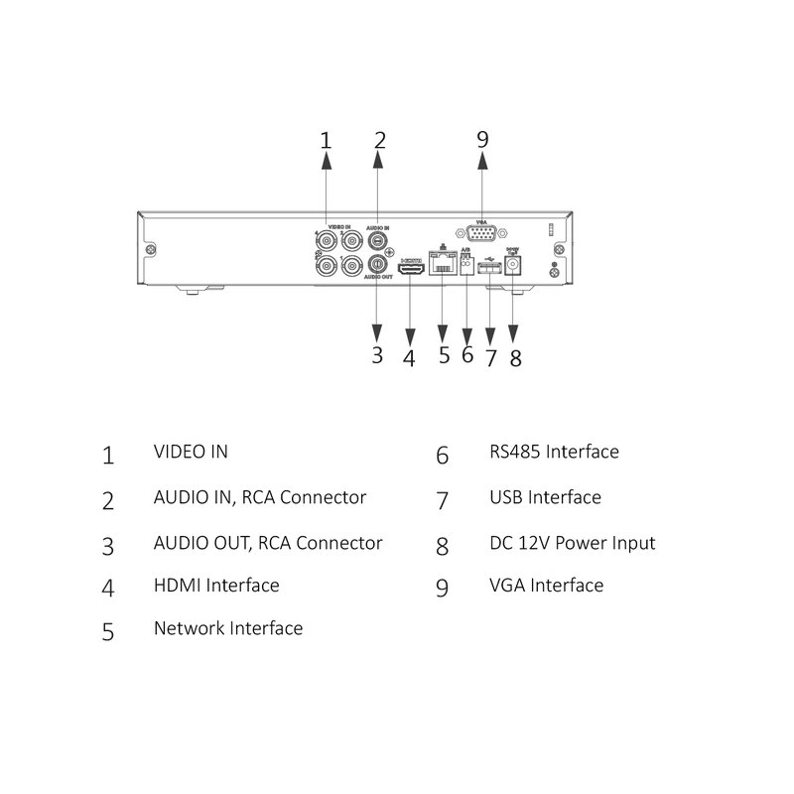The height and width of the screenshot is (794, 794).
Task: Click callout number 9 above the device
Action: [482, 139]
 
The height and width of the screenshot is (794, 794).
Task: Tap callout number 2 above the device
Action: [379, 140]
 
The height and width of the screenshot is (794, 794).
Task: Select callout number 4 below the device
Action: [409, 358]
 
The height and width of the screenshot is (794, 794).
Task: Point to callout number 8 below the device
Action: [515, 357]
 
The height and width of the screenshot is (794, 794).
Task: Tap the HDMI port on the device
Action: [410, 268]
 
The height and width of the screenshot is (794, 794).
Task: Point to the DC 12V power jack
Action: [513, 265]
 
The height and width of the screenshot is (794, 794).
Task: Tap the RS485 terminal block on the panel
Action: [466, 265]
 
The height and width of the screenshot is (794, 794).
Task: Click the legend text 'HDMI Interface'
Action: [216, 586]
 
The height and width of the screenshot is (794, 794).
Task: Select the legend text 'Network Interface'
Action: [228, 628]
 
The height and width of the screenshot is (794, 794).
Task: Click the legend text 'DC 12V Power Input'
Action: [573, 543]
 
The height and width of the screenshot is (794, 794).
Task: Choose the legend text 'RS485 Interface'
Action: [554, 453]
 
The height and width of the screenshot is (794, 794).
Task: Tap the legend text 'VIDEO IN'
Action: [191, 452]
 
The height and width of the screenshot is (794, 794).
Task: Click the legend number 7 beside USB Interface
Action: [443, 500]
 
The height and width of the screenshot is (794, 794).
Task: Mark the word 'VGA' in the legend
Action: [507, 586]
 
